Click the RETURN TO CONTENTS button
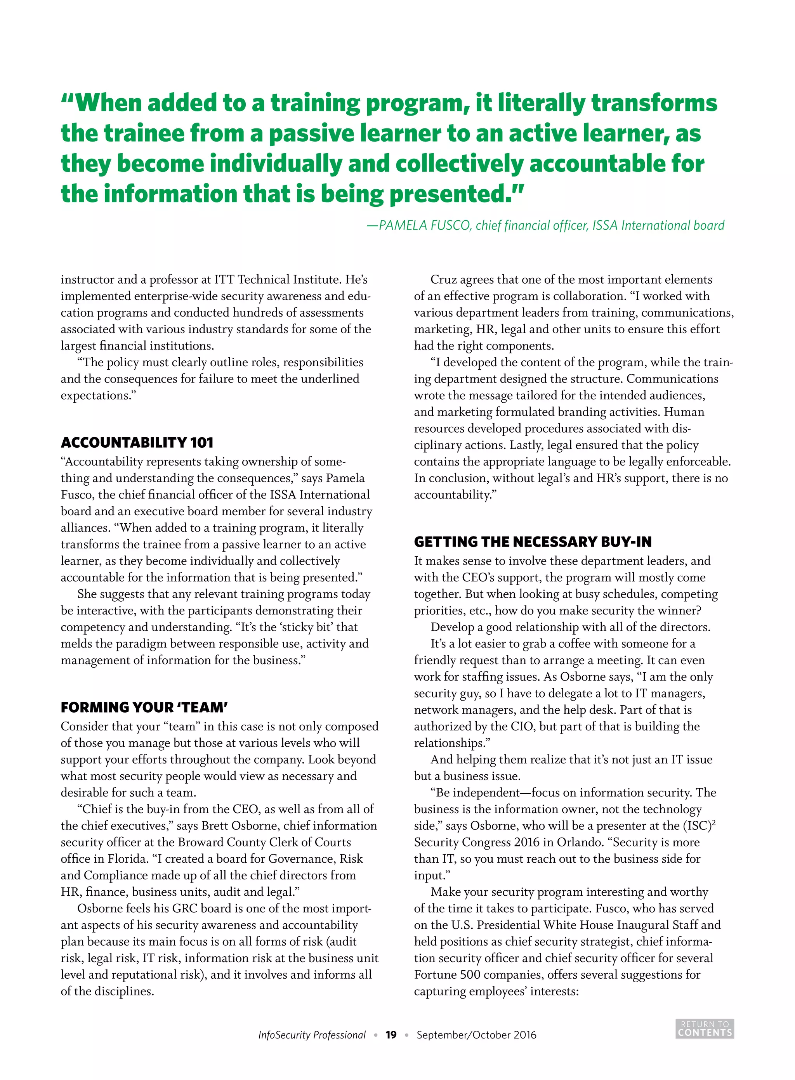705,1028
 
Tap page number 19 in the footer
391,1035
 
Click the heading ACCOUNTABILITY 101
137,442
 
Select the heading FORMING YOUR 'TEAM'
144,707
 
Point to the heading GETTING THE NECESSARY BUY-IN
532,542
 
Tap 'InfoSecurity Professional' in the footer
312,1035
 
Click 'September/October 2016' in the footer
476,1035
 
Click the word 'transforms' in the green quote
654,103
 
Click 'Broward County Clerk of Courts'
264,842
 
